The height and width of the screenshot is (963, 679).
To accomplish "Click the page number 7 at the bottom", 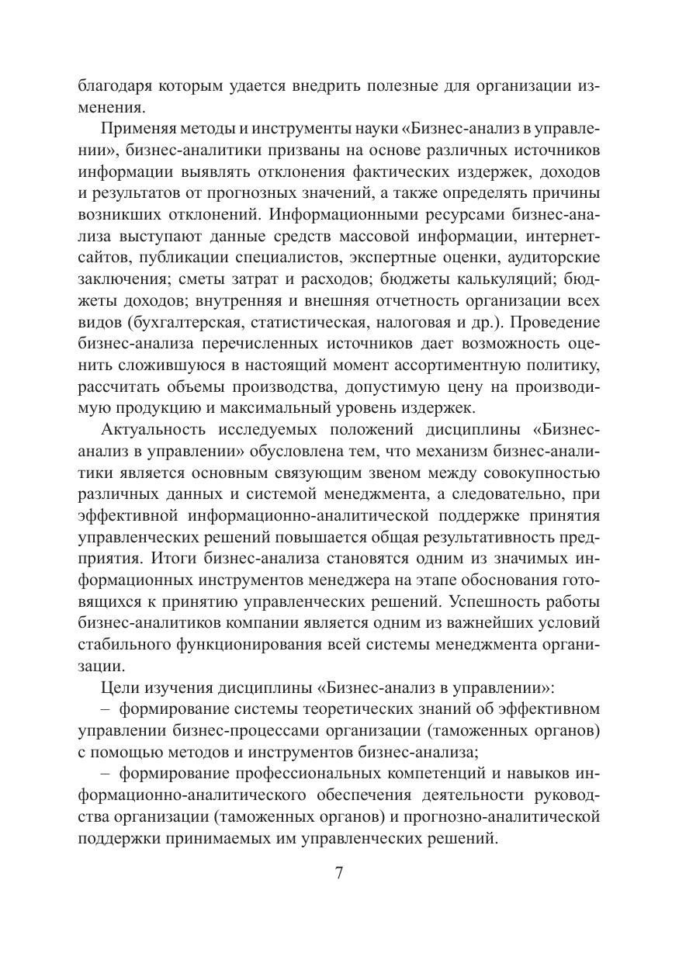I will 339,871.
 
